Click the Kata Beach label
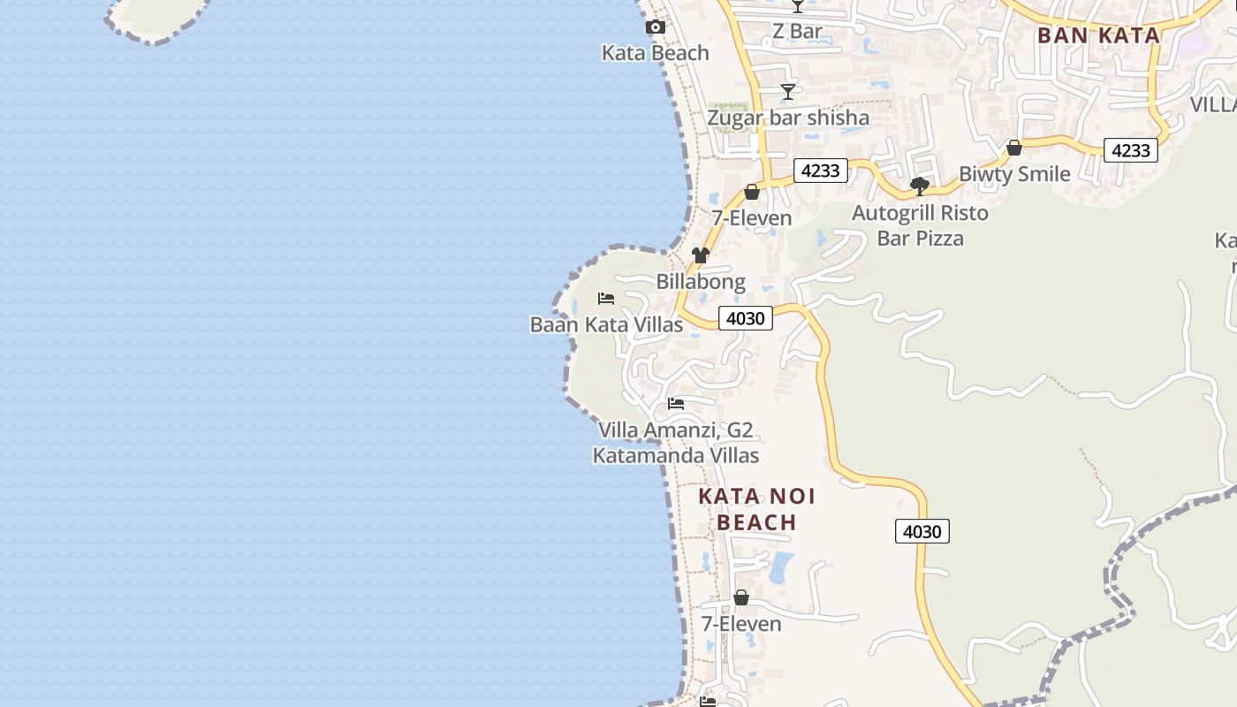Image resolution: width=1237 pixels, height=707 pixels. click(x=655, y=53)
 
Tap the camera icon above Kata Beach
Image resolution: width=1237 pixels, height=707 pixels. click(x=655, y=27)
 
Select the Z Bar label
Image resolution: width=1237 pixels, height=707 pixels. click(x=797, y=32)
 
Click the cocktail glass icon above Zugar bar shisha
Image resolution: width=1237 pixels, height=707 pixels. click(x=787, y=92)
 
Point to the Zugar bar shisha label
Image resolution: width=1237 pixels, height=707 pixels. click(x=788, y=118)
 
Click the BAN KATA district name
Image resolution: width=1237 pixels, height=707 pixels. click(x=1098, y=35)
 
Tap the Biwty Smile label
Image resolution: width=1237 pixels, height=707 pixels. click(x=1014, y=174)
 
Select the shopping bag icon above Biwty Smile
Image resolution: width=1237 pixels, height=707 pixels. click(x=1014, y=148)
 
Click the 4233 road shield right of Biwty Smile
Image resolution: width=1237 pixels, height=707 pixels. click(x=1131, y=150)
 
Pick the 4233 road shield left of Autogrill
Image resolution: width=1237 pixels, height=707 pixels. click(x=820, y=171)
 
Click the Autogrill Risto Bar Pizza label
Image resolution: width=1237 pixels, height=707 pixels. click(x=920, y=225)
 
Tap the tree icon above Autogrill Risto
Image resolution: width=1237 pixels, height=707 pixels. click(x=920, y=186)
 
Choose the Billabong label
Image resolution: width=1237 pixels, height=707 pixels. click(x=701, y=282)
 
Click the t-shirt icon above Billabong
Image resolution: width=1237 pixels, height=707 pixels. click(x=701, y=255)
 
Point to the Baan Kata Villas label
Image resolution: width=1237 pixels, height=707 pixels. click(x=606, y=324)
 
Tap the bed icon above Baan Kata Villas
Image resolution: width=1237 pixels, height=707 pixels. click(x=606, y=299)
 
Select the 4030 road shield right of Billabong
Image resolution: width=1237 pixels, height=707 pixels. click(x=746, y=318)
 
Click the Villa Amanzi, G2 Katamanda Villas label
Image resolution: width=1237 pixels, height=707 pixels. click(x=676, y=443)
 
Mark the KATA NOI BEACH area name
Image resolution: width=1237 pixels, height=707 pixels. click(x=756, y=509)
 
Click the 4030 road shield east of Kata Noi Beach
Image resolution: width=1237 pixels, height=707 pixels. click(x=922, y=531)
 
